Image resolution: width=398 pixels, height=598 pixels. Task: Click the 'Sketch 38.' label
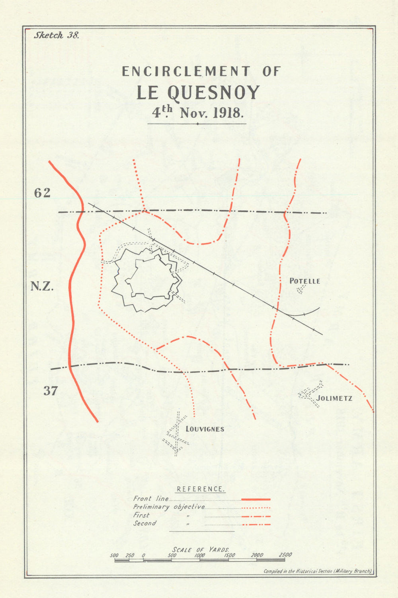[57, 35]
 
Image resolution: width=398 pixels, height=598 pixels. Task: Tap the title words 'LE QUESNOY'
[198, 93]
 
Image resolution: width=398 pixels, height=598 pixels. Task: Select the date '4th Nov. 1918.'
[197, 113]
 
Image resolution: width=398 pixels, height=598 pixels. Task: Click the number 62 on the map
[42, 193]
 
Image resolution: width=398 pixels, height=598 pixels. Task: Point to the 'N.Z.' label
[42, 286]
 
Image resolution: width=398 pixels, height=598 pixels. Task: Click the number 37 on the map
[50, 391]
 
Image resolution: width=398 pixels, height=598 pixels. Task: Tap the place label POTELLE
[304, 281]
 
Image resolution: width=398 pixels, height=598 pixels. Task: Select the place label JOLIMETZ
[334, 398]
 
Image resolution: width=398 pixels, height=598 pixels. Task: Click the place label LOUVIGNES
[205, 429]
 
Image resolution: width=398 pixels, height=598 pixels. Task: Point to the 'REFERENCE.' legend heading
[201, 489]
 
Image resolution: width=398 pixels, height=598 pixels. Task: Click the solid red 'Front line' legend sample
[256, 499]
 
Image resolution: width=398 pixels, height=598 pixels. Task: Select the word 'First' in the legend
[141, 515]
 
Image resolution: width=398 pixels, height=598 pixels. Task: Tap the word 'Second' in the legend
[144, 524]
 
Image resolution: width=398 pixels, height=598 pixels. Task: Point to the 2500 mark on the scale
[285, 555]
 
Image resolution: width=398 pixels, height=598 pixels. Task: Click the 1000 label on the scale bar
[199, 555]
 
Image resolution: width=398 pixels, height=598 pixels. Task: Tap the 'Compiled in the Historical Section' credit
[318, 571]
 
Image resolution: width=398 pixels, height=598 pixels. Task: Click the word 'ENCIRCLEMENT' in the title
[186, 72]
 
